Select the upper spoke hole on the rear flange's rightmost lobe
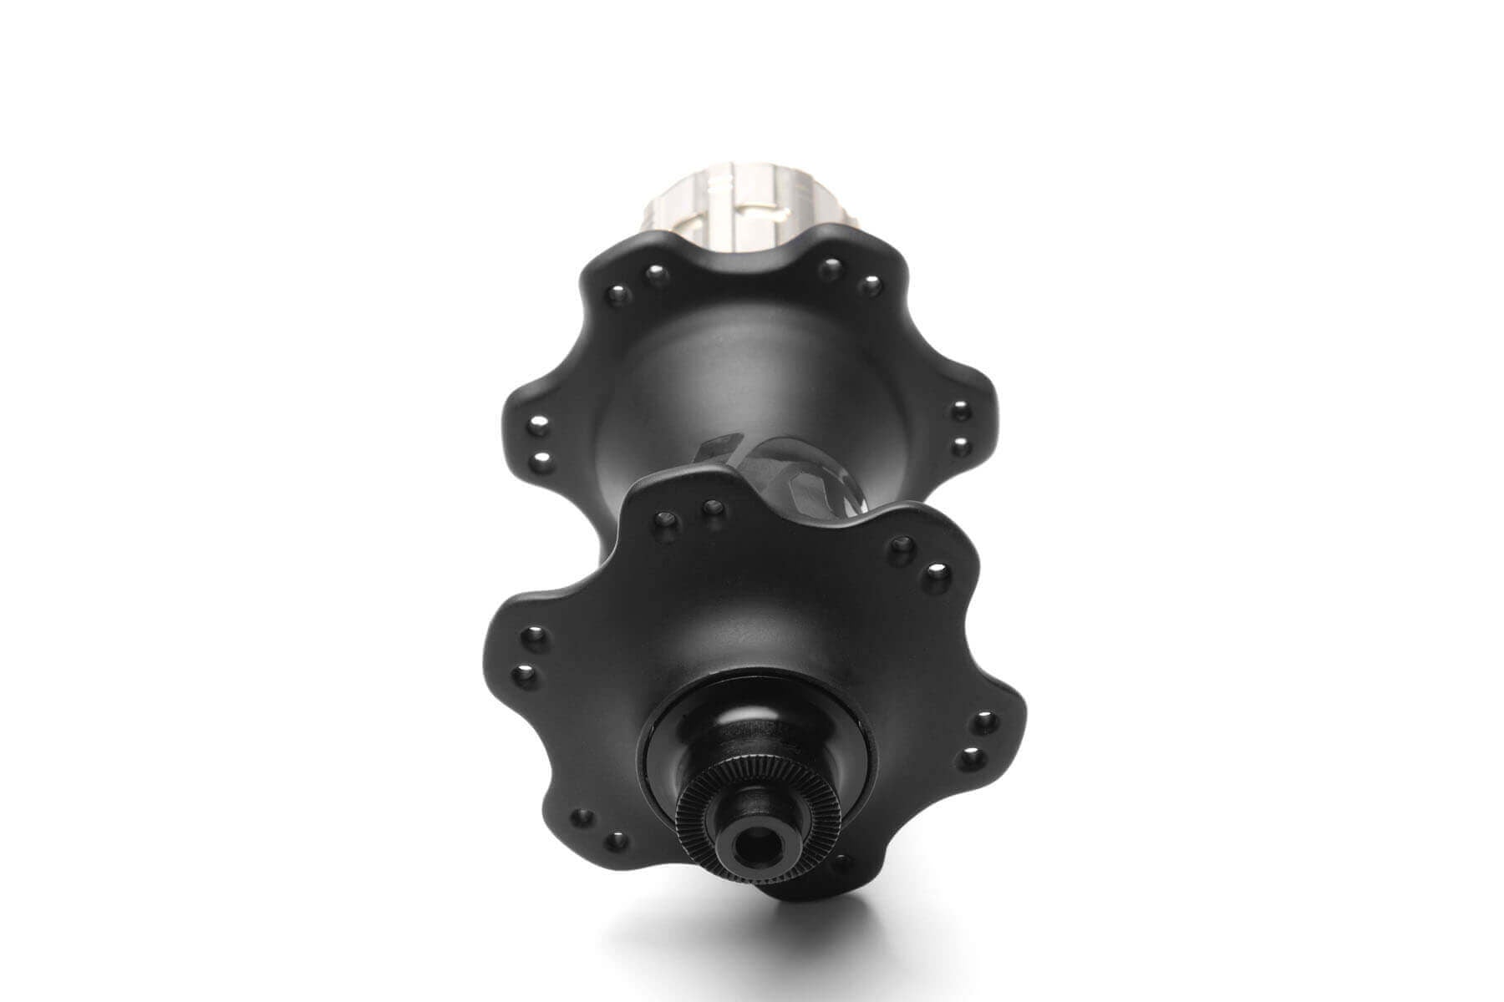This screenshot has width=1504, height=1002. pyautogui.click(x=961, y=410)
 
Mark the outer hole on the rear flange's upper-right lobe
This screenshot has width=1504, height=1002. pyautogui.click(x=871, y=285)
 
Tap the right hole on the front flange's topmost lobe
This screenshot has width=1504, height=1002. pyautogui.click(x=712, y=506)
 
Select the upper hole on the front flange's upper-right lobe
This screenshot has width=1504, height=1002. pyautogui.click(x=900, y=546)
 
